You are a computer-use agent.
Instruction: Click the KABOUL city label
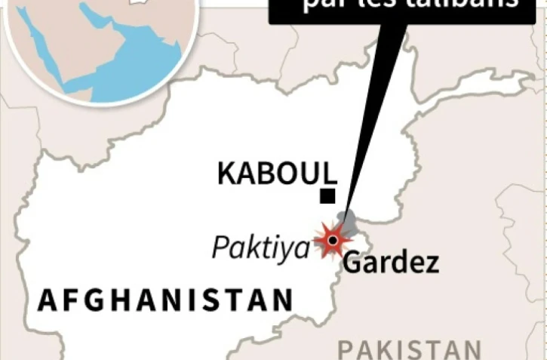coord(276,174)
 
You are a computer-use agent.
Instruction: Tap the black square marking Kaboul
coord(327,197)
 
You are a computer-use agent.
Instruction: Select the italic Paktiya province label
coord(260,247)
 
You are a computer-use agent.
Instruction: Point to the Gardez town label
coord(390,263)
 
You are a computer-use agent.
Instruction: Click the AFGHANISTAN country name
coord(165,300)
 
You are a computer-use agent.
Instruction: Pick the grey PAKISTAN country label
coord(408,349)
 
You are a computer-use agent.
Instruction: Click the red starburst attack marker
coord(332,241)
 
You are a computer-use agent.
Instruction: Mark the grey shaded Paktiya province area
coord(346,222)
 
